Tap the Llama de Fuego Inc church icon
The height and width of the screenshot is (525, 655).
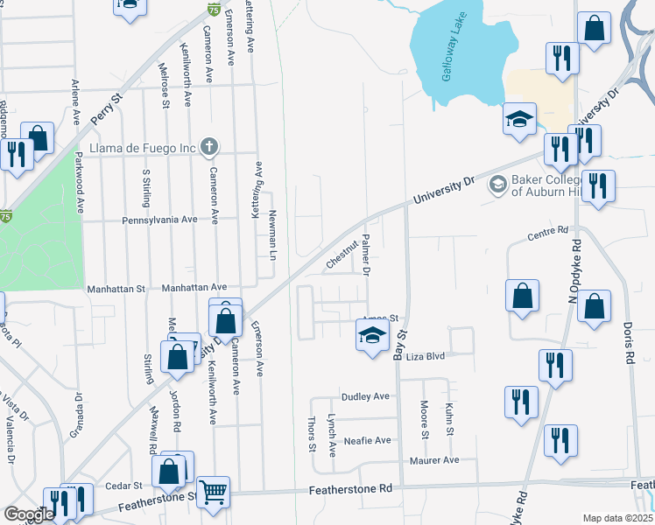pyautogui.click(x=208, y=147)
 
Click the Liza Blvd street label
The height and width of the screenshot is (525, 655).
pyautogui.click(x=426, y=356)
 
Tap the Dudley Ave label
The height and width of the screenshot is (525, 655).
pyautogui.click(x=365, y=396)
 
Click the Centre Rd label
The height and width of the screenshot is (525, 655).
pyautogui.click(x=548, y=235)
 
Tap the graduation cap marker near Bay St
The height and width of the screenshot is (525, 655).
pyautogui.click(x=372, y=335)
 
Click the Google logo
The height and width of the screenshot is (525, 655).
pyautogui.click(x=29, y=514)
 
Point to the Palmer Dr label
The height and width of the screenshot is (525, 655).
pyautogui.click(x=367, y=255)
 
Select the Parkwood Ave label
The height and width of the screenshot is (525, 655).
pyautogui.click(x=79, y=183)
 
